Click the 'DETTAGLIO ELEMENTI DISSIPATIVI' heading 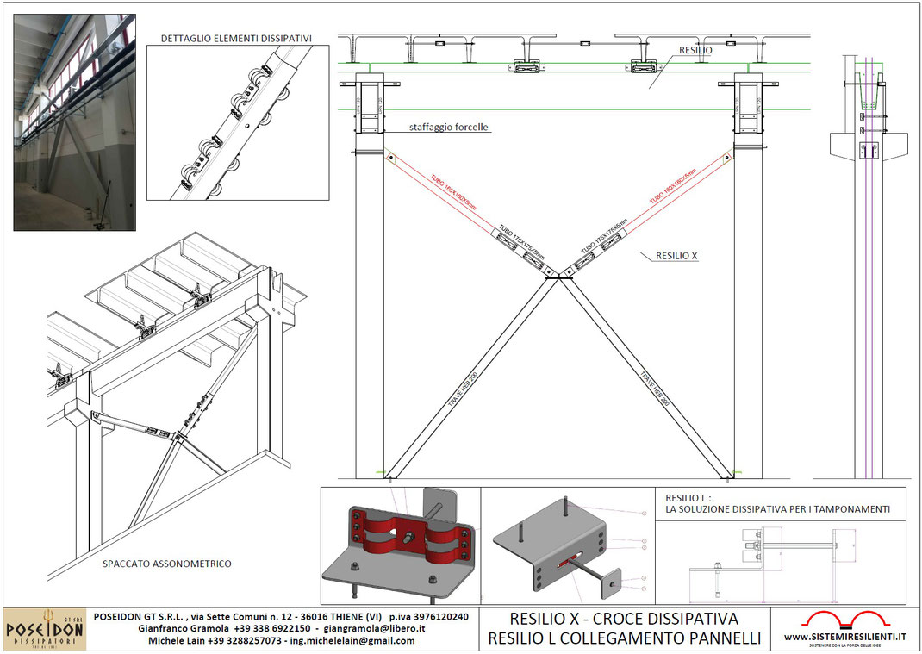(236, 38)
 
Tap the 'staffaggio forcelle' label (449, 127)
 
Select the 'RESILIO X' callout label (676, 256)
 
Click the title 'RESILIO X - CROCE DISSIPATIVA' (624, 619)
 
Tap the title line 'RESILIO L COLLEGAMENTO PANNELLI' (624, 638)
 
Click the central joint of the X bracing (555, 275)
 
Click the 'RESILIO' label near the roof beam (695, 51)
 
